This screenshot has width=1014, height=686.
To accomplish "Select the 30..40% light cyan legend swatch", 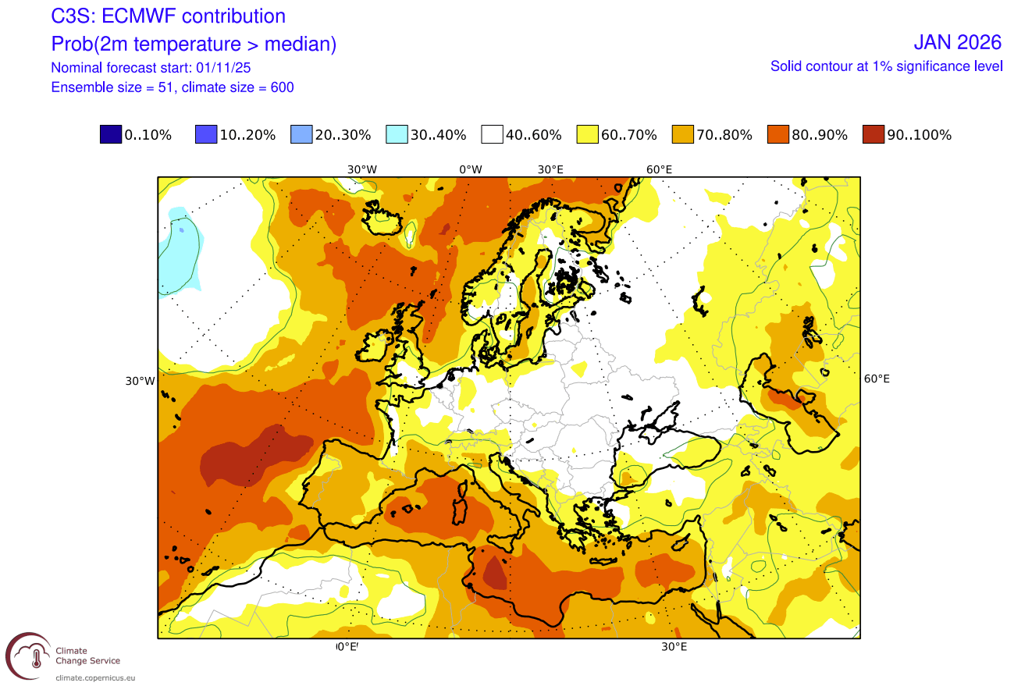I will [397, 134].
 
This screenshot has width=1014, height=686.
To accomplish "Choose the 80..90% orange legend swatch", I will [779, 134].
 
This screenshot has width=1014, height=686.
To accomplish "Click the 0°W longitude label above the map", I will [470, 169].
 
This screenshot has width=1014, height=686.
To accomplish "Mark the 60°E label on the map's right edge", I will [877, 379].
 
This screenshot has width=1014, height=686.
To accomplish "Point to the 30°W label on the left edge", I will [140, 381].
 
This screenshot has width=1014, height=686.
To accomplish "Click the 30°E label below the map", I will [674, 647].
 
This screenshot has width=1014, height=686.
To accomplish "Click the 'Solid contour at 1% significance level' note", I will [886, 66].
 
